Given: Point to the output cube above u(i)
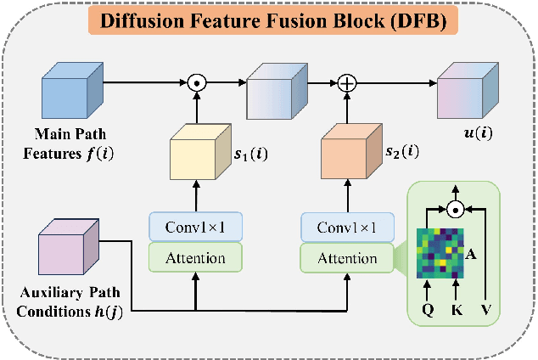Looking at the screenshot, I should point(465,93).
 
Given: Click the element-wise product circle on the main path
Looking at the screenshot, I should point(197,83).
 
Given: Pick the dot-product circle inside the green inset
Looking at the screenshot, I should point(457,207).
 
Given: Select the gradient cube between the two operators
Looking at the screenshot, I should point(273,93).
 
